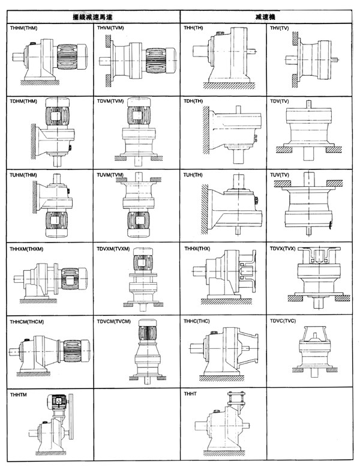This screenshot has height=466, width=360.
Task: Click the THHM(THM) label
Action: pyautogui.click(x=25, y=28)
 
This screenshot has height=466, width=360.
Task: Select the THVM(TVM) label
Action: pyautogui.click(x=112, y=28)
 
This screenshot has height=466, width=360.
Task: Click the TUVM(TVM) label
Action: pyautogui.click(x=112, y=175)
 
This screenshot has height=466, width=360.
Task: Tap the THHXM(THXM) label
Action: pyautogui.click(x=28, y=249)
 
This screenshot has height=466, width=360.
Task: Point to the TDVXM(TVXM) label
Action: pyautogui.click(x=115, y=249)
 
